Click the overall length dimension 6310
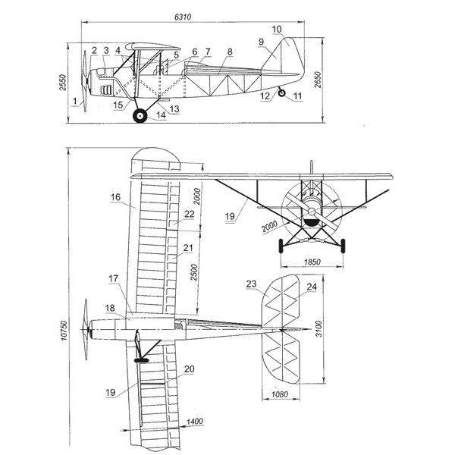pyautogui.click(x=183, y=17)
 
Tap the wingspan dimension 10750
pyautogui.click(x=64, y=330)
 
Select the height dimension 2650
pyautogui.click(x=318, y=80)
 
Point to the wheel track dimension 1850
pyautogui.click(x=312, y=262)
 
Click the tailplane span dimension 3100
pyautogui.click(x=319, y=329)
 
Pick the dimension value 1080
pyautogui.click(x=280, y=394)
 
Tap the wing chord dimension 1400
pyautogui.click(x=194, y=421)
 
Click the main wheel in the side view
pyautogui.click(x=140, y=116)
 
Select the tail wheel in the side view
pyautogui.click(x=281, y=93)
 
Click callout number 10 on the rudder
pyautogui.click(x=277, y=30)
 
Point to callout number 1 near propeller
pyautogui.click(x=75, y=101)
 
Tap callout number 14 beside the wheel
pyautogui.click(x=161, y=115)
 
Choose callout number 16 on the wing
pyautogui.click(x=115, y=197)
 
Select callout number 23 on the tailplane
pyautogui.click(x=251, y=284)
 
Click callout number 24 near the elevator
pyautogui.click(x=312, y=287)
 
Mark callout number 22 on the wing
pyautogui.click(x=189, y=214)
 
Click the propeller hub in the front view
pyautogui.click(x=312, y=212)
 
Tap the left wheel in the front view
pyautogui.click(x=281, y=246)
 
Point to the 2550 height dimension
pyautogui.click(x=63, y=83)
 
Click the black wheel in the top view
pyautogui.click(x=142, y=360)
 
